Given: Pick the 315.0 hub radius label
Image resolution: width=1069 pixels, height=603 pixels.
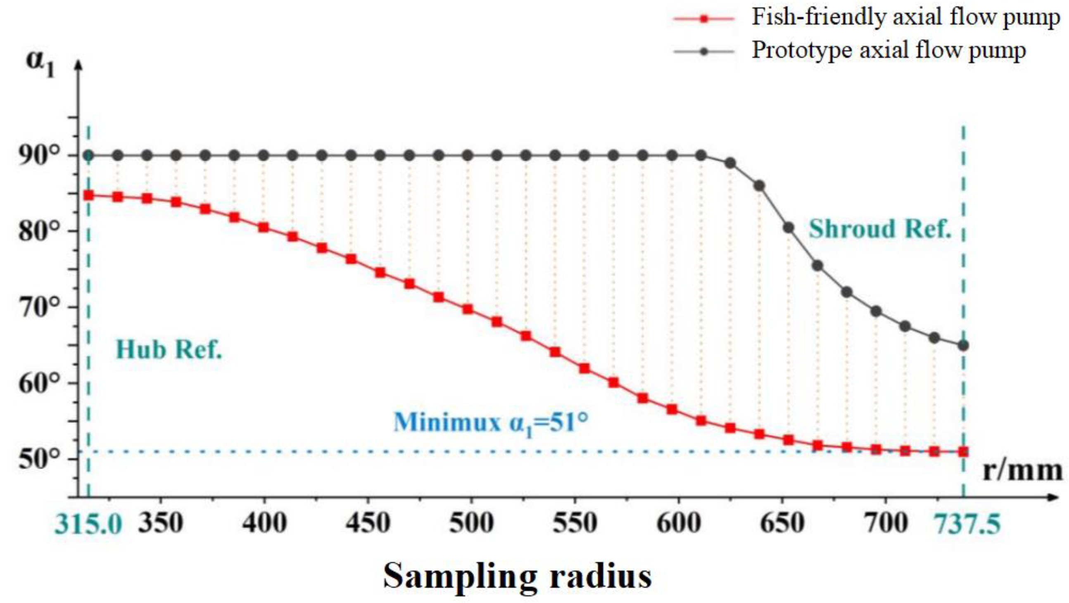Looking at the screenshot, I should coord(88,524).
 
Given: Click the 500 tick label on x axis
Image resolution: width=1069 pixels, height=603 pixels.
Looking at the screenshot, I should coord(471,524).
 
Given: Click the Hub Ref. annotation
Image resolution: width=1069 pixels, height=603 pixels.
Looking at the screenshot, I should coord(169,349).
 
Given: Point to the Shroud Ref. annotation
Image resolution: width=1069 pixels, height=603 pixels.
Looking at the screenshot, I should coord(880,229).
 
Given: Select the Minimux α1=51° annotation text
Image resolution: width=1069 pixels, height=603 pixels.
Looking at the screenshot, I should coord(491,423).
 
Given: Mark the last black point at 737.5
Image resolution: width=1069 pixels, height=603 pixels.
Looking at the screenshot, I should coord(964,345).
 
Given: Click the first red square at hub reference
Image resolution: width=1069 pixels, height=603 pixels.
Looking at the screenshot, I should coord(88,195).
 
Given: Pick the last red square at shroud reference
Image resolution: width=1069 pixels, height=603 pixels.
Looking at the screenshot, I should coord(964,451).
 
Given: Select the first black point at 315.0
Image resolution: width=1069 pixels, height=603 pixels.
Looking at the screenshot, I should coord(88,156).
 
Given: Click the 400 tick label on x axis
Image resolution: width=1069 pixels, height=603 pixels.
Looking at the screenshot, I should coord(264,524).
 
